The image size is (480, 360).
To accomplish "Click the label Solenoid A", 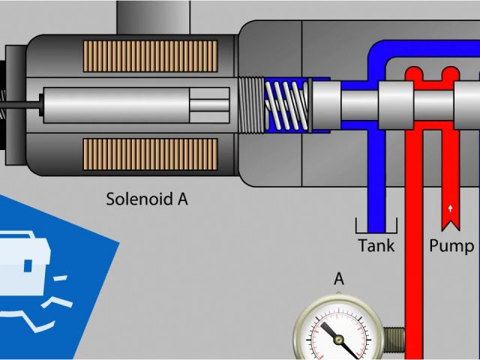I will (x=146, y=199).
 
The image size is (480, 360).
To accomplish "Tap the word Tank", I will (x=376, y=245).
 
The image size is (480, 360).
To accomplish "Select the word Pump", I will (x=451, y=245).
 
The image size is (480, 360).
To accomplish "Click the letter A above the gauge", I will (x=339, y=279).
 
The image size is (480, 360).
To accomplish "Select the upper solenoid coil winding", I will (x=150, y=61).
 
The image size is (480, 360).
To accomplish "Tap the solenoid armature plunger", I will (x=135, y=106).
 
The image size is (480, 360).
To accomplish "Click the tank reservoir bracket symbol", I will (x=375, y=226).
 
